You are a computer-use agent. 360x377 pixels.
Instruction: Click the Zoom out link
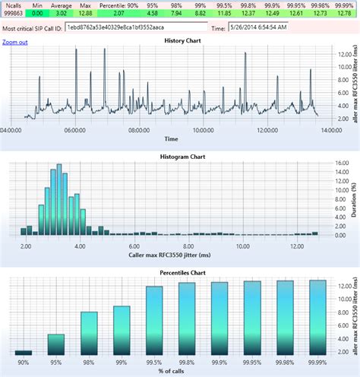[15, 42]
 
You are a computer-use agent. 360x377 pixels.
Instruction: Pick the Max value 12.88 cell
[85, 14]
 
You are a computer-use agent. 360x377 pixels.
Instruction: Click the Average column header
[61, 5]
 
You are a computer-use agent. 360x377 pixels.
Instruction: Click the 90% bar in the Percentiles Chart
[24, 353]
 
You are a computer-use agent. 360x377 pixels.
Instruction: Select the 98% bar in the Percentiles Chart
[89, 333]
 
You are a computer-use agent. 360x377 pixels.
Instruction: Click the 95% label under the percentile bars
[56, 362]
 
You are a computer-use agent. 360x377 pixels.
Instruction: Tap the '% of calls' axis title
[171, 370]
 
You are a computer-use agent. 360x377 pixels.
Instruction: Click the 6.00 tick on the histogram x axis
[133, 246]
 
